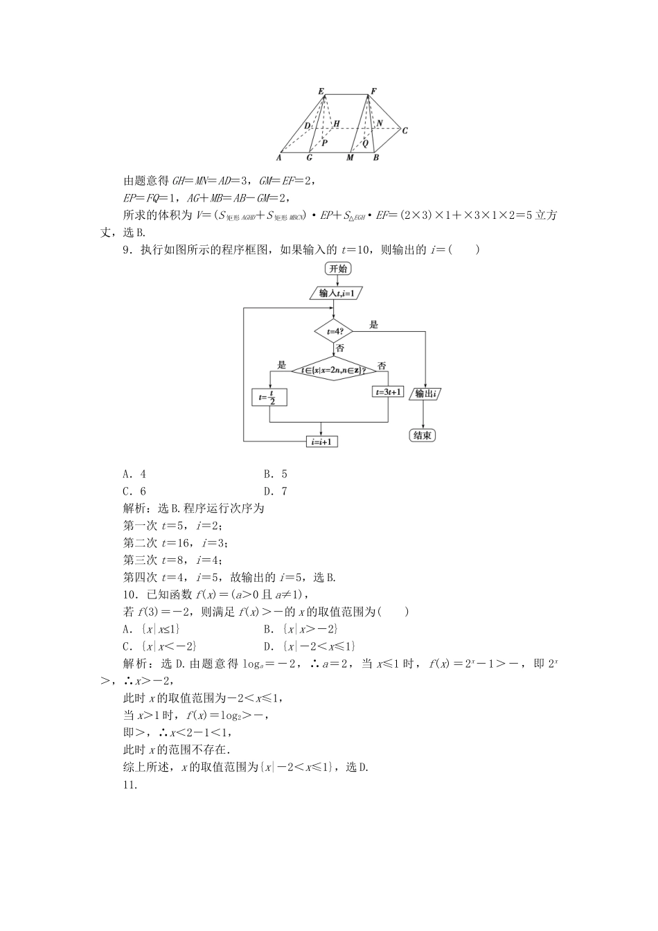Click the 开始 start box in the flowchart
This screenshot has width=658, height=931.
point(337,269)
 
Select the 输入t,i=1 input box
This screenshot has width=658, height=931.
point(337,293)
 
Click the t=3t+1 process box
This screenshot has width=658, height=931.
point(388,391)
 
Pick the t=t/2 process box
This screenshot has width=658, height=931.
point(269,397)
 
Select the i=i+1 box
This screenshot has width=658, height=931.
point(322,441)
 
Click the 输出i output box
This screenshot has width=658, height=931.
point(427,394)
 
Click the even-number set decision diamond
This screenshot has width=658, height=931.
point(328,371)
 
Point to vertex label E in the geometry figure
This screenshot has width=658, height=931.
point(321,91)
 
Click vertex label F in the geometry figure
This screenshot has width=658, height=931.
point(373,91)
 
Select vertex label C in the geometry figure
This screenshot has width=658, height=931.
point(405,130)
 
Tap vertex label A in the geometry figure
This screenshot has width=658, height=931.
point(278,158)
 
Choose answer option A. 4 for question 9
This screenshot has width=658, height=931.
point(134,475)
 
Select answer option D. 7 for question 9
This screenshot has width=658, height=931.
point(275,492)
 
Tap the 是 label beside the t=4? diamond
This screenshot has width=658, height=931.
point(374,324)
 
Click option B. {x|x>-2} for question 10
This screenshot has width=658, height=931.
point(300,629)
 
